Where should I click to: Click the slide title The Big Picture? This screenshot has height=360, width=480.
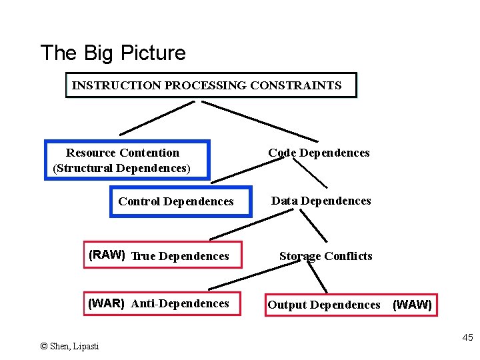[x=113, y=53]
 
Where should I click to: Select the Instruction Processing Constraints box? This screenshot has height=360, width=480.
[x=211, y=85]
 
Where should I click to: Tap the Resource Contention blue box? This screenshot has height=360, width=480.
[x=127, y=160]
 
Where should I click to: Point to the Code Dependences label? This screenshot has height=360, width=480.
[x=319, y=153]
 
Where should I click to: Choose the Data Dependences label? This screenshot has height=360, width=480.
[x=321, y=201]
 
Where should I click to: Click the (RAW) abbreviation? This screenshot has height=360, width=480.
[x=107, y=255]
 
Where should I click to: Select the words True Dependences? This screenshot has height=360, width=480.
[x=180, y=256]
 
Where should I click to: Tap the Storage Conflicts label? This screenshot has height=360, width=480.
[x=325, y=256]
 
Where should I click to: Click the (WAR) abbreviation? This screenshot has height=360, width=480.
[x=107, y=303]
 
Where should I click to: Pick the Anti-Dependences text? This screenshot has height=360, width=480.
[x=180, y=303]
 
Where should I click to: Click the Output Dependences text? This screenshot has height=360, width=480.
[x=324, y=305]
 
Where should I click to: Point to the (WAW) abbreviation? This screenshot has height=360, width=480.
[x=412, y=305]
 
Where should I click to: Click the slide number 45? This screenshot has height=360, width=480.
[x=467, y=338]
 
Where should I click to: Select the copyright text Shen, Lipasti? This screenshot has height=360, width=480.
[x=69, y=346]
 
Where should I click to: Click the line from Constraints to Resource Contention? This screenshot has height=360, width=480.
[x=157, y=118]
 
